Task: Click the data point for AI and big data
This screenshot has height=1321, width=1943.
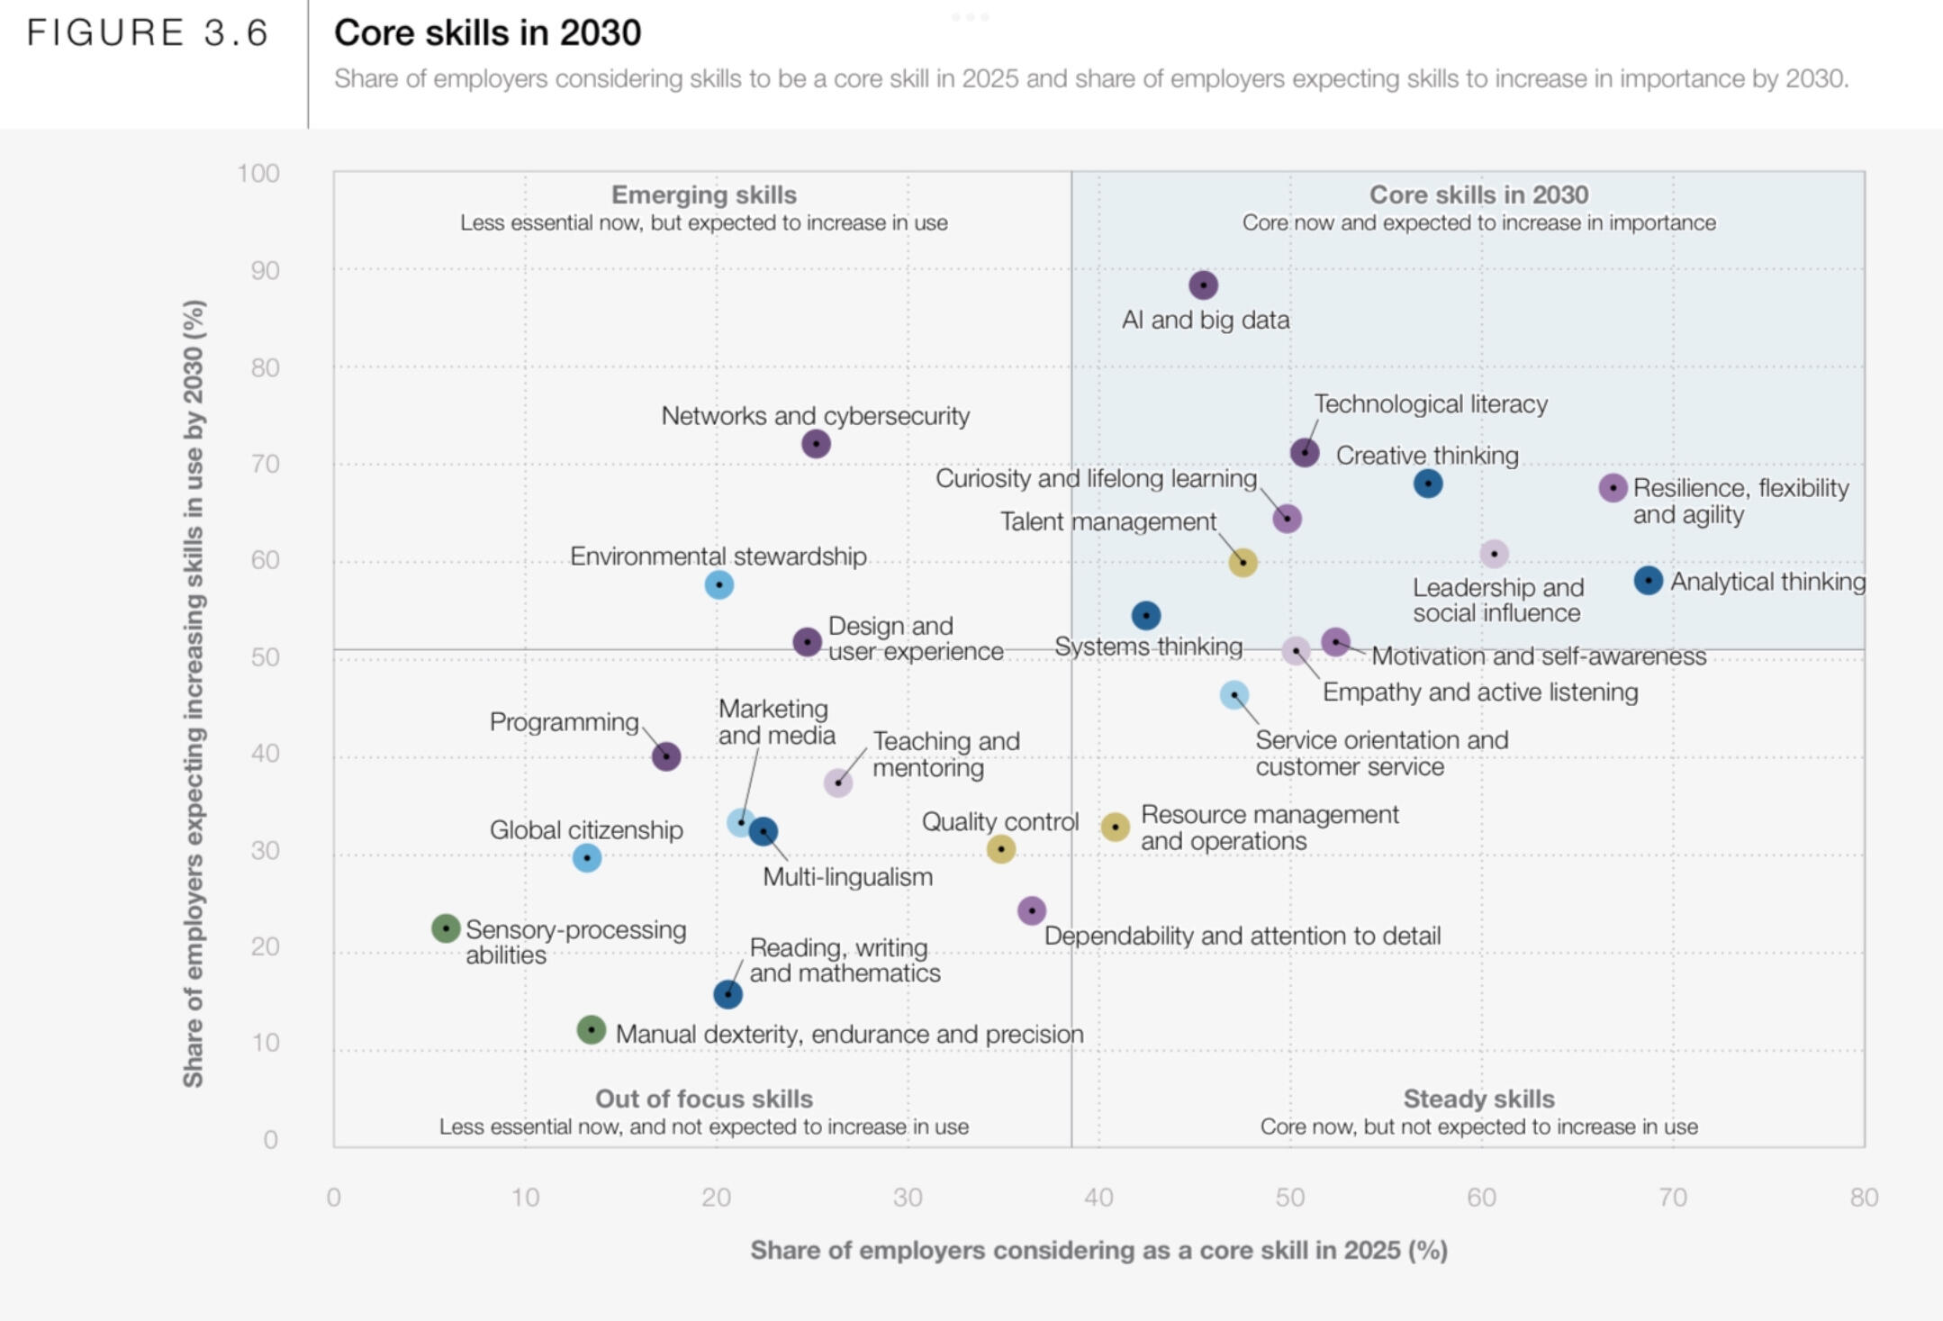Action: tap(1203, 285)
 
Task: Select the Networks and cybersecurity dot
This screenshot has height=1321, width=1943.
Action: tap(816, 444)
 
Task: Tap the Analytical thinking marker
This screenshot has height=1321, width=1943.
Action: tap(1648, 581)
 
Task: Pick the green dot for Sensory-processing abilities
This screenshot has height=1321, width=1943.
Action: tap(446, 928)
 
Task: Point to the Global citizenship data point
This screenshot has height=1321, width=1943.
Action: tap(587, 858)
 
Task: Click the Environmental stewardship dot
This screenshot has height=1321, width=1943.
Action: tap(718, 585)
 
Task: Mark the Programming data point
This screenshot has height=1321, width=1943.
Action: tap(666, 756)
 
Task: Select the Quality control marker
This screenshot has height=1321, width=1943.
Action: tap(1001, 849)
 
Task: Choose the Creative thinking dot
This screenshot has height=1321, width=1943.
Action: tap(1428, 484)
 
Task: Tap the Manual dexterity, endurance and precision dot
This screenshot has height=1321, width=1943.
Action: tap(591, 1029)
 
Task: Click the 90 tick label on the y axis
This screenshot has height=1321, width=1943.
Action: tap(265, 271)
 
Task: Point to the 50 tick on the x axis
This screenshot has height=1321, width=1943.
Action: tap(1289, 1198)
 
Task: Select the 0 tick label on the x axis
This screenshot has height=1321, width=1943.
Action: tap(334, 1198)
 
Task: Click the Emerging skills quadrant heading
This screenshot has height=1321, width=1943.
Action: tap(703, 195)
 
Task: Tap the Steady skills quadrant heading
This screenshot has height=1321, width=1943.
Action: tap(1478, 1099)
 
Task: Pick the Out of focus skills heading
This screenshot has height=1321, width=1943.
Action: tap(703, 1099)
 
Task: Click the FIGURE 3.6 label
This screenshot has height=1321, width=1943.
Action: tap(148, 33)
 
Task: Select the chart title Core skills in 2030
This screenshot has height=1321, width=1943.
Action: tap(487, 33)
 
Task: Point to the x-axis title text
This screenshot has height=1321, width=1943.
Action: tap(1098, 1250)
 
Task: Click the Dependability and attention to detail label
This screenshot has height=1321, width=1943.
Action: tap(1243, 936)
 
